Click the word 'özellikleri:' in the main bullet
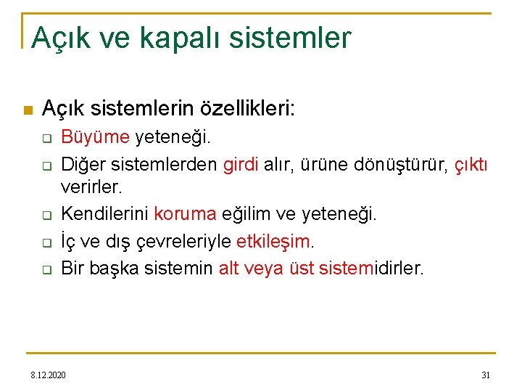249,110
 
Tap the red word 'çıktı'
471,164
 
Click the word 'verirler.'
93,188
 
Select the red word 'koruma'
185,214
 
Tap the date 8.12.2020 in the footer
49,375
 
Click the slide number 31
486,375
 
